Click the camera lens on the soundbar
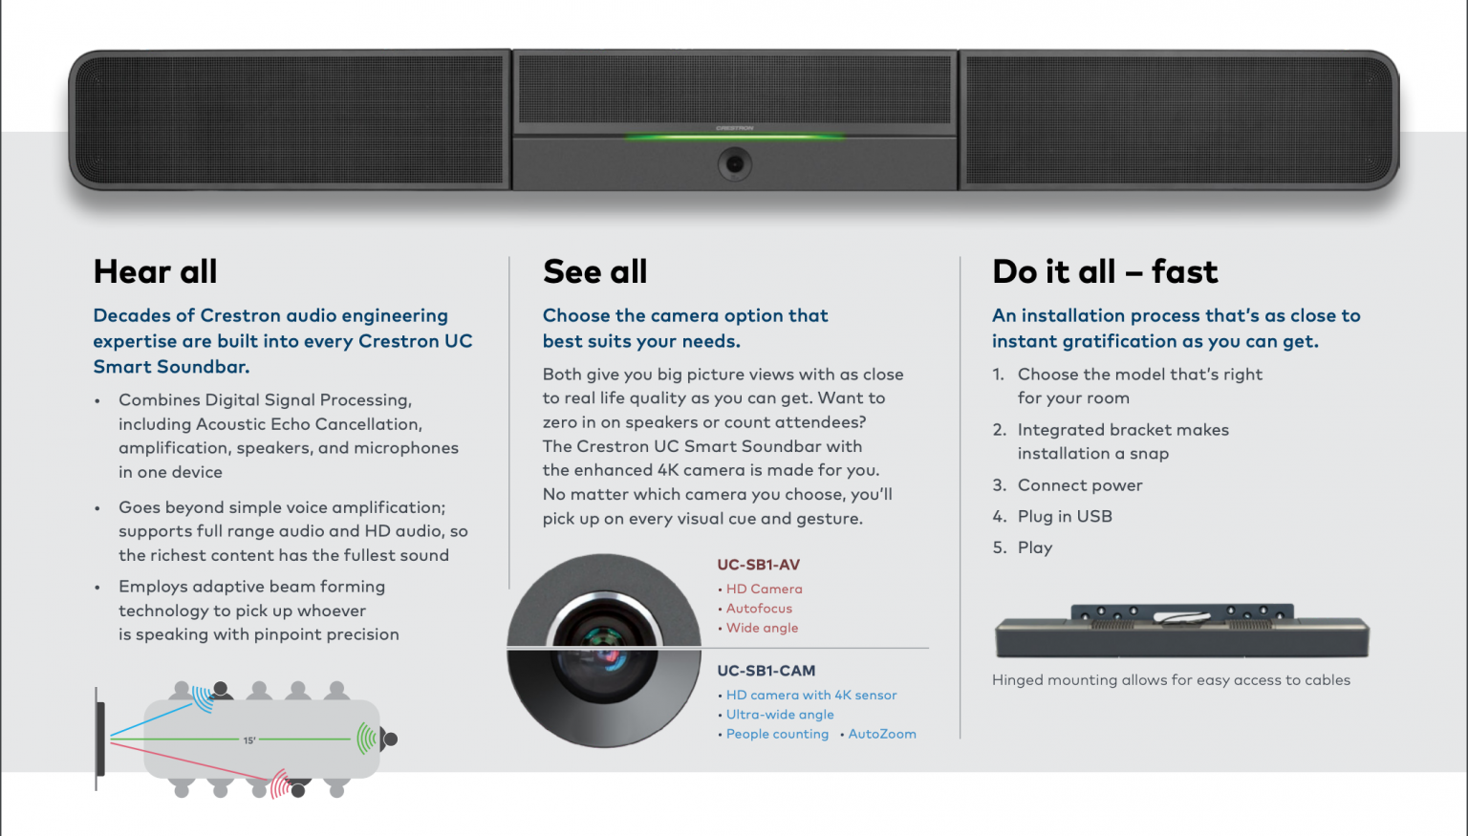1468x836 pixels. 734,164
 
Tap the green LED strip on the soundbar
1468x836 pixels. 734,138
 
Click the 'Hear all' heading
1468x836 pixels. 155,272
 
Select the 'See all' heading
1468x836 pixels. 594,272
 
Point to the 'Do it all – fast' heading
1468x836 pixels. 1105,272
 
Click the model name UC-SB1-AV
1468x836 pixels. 758,565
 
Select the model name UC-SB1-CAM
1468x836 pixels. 766,671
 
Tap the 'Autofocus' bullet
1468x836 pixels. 759,609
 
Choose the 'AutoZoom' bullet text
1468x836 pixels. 882,734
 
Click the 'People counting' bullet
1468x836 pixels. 777,734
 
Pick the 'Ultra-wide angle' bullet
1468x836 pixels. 780,715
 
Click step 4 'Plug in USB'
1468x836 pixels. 1065,517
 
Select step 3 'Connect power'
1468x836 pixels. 1080,485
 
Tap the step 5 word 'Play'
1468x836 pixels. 1035,548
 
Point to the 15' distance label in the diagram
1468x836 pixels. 249,740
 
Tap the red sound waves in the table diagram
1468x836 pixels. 279,783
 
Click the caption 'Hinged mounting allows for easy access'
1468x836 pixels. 1171,680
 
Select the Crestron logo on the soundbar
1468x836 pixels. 734,128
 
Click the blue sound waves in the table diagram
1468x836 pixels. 203,697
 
